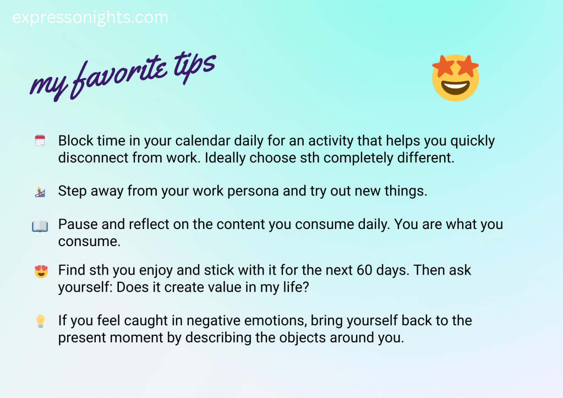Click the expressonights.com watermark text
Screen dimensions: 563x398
tap(90, 18)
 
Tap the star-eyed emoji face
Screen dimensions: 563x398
tap(455, 78)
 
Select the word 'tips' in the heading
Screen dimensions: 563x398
tap(195, 67)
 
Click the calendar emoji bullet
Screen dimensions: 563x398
tap(40, 140)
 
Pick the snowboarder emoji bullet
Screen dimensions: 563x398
tap(40, 192)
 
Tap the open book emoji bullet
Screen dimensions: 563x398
tap(40, 226)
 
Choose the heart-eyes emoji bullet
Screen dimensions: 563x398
tap(41, 271)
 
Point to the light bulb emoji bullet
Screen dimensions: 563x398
tap(40, 321)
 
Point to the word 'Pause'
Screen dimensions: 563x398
tap(78, 225)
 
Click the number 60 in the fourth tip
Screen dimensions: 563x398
tap(364, 270)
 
